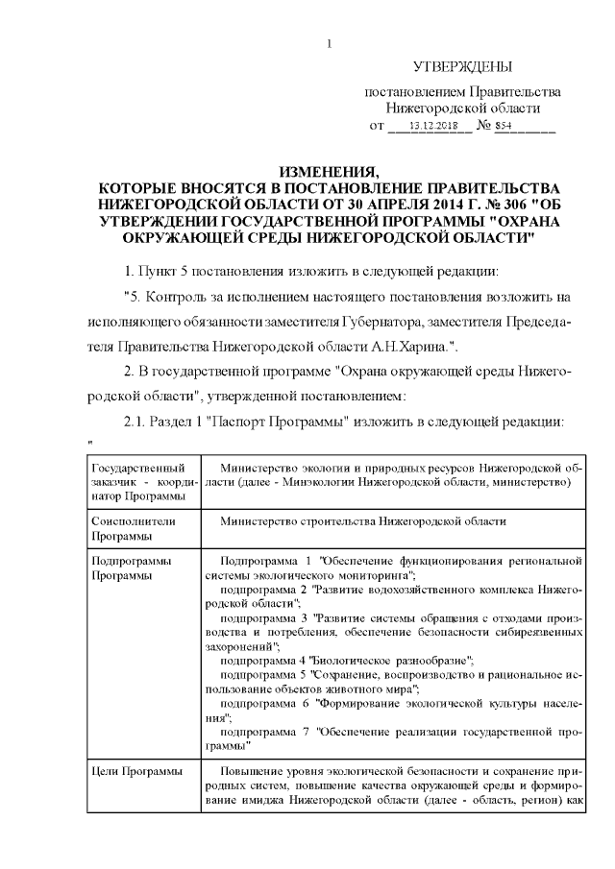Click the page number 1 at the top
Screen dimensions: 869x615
(x=330, y=42)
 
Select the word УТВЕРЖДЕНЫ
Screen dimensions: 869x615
(x=462, y=67)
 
